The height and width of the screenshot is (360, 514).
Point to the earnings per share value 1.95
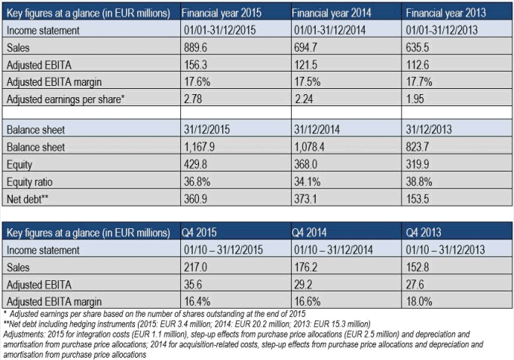(417, 99)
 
